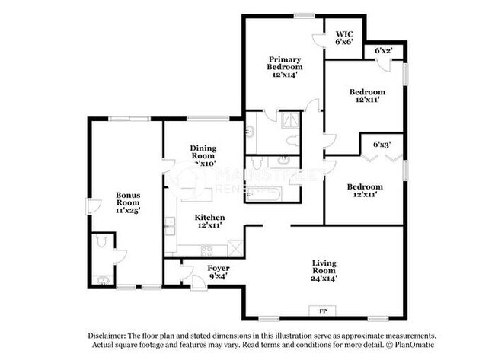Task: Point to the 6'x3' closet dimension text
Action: [382, 143]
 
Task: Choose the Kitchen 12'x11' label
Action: [208, 221]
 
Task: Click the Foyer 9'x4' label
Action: [219, 272]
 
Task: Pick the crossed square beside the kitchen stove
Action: [236, 247]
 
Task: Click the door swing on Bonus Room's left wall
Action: [93, 205]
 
